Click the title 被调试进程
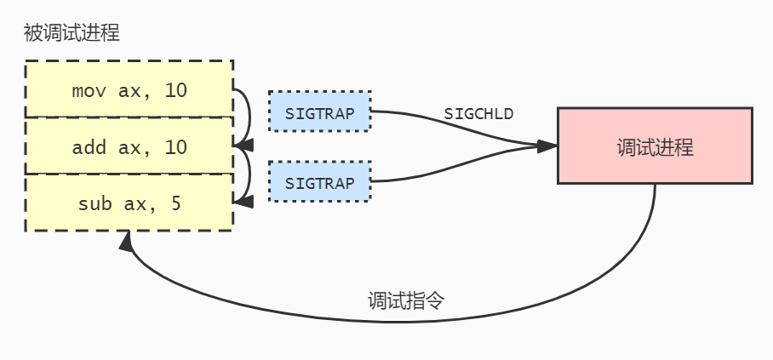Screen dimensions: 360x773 [72, 34]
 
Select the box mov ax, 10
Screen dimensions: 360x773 [129, 89]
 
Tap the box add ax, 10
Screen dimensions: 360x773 [129, 146]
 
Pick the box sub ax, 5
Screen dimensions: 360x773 [129, 203]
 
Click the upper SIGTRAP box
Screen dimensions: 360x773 [319, 111]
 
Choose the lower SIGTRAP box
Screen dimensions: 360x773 [319, 181]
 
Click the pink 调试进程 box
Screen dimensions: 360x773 [655, 146]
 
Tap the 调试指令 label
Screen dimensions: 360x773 [407, 300]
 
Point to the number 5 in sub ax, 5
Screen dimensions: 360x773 [175, 203]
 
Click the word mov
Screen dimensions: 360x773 [86, 89]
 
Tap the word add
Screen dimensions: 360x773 [86, 146]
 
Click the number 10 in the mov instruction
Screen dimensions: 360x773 [175, 89]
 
